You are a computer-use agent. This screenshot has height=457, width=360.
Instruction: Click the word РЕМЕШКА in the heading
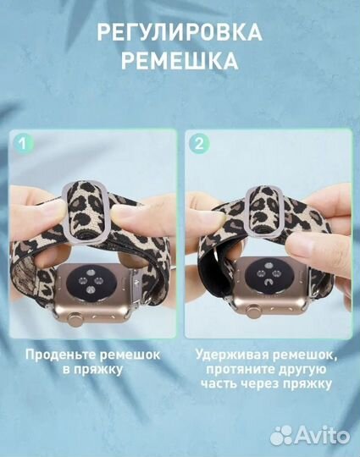click(179, 63)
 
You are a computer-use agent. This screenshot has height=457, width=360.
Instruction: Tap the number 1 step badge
click(23, 143)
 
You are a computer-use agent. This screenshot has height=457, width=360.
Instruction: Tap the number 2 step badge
click(200, 143)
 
